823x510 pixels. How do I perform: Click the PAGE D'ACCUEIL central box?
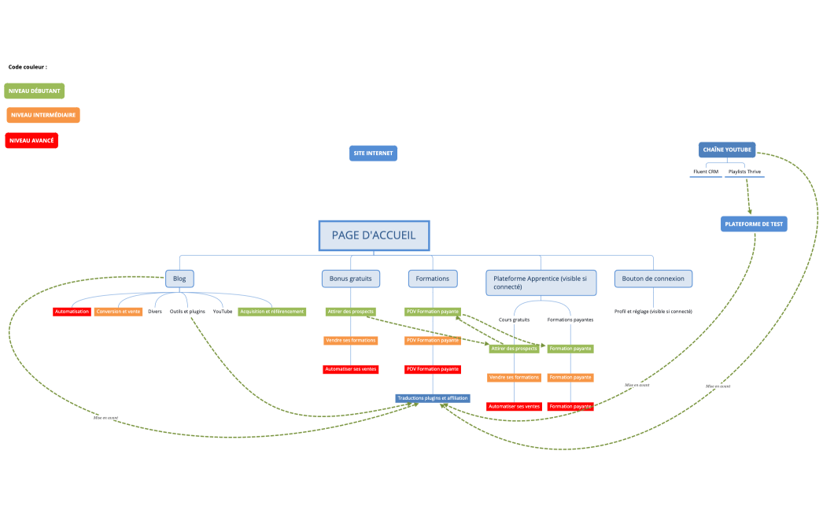click(374, 235)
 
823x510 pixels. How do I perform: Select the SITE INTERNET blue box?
click(373, 153)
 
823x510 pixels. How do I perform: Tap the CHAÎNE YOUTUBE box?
click(727, 150)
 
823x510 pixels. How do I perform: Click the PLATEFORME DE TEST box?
click(754, 224)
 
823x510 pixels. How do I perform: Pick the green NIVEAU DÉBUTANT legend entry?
click(35, 91)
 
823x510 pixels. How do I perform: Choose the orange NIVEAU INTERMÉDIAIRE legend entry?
click(43, 116)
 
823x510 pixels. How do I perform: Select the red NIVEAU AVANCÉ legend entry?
click(31, 141)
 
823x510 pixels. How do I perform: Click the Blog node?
click(179, 279)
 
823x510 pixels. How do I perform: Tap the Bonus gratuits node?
click(350, 279)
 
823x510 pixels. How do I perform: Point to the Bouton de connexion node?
click(653, 279)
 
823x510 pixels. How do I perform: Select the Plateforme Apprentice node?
click(541, 283)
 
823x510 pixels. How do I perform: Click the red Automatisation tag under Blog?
click(72, 312)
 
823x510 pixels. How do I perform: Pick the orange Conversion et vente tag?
click(118, 312)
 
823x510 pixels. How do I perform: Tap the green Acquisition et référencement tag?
click(271, 312)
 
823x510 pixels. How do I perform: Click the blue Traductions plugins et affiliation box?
click(433, 398)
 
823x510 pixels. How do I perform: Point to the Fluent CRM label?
click(706, 172)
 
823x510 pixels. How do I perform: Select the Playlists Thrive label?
click(744, 172)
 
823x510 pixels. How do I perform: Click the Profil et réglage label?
click(653, 312)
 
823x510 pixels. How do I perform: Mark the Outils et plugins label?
click(187, 312)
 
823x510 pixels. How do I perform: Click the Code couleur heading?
click(28, 67)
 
